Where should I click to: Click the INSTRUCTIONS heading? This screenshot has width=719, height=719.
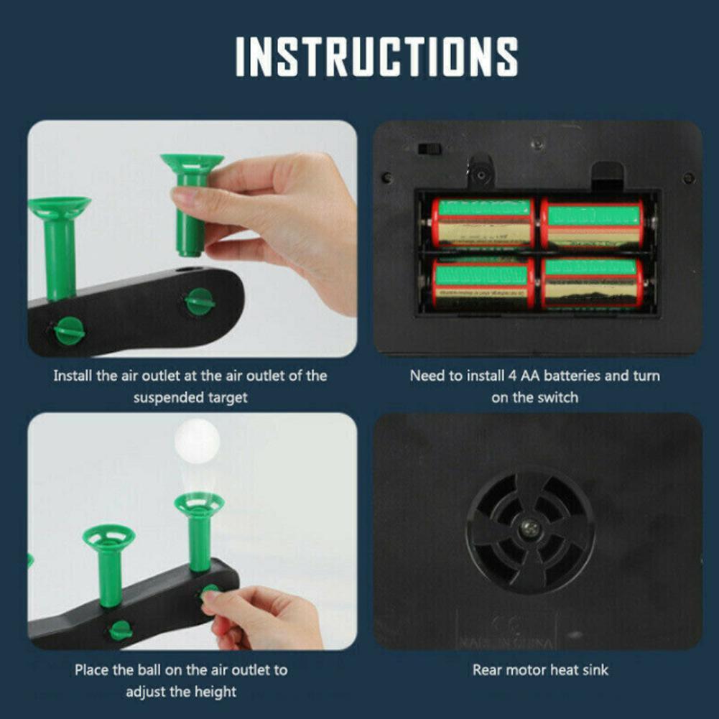(x=376, y=57)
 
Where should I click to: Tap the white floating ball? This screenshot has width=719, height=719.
(x=198, y=440)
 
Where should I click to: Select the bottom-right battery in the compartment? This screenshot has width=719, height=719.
(x=593, y=284)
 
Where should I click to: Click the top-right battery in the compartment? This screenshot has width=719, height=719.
(x=593, y=224)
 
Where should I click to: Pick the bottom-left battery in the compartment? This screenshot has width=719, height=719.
(x=483, y=284)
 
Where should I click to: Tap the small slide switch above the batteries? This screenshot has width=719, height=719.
(x=430, y=149)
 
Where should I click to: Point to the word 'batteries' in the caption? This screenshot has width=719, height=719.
(x=572, y=376)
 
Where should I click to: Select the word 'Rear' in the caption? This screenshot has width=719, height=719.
(x=487, y=670)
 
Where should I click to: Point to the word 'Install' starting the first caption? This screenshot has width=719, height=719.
(x=73, y=376)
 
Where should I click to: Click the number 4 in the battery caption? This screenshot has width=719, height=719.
(x=512, y=376)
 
